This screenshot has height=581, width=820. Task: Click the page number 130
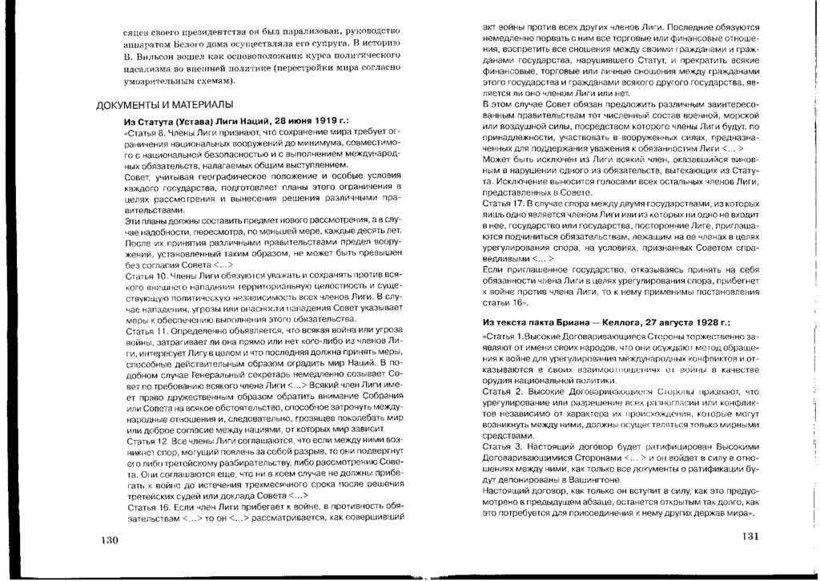(109, 539)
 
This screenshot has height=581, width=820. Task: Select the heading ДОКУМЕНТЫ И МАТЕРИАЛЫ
(165, 105)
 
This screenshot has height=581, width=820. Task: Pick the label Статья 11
(145, 330)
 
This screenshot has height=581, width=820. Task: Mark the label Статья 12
(145, 442)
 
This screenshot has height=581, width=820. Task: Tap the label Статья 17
(502, 206)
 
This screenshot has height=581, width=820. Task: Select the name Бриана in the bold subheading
(585, 321)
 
